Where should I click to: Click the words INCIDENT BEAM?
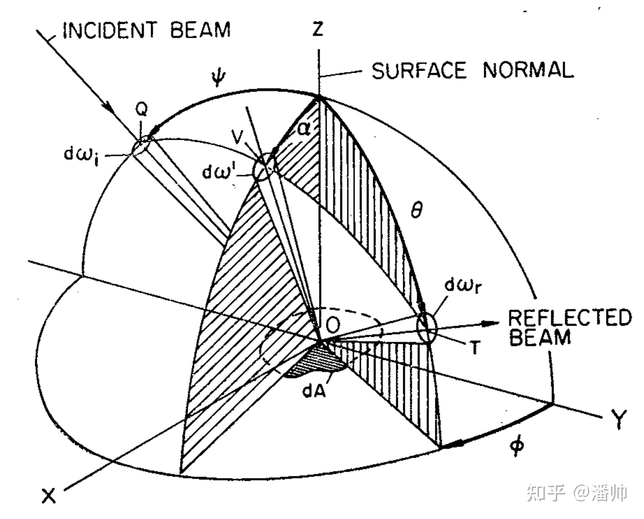pyautogui.click(x=146, y=30)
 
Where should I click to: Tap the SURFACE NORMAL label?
pyautogui.click(x=472, y=71)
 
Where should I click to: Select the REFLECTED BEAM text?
pyautogui.click(x=569, y=327)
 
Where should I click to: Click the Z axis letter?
pyautogui.click(x=318, y=29)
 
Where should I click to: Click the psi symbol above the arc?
pyautogui.click(x=218, y=78)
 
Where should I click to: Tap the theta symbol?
pyautogui.click(x=416, y=212)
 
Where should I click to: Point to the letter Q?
pyautogui.click(x=141, y=110)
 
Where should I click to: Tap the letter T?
pyautogui.click(x=475, y=347)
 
